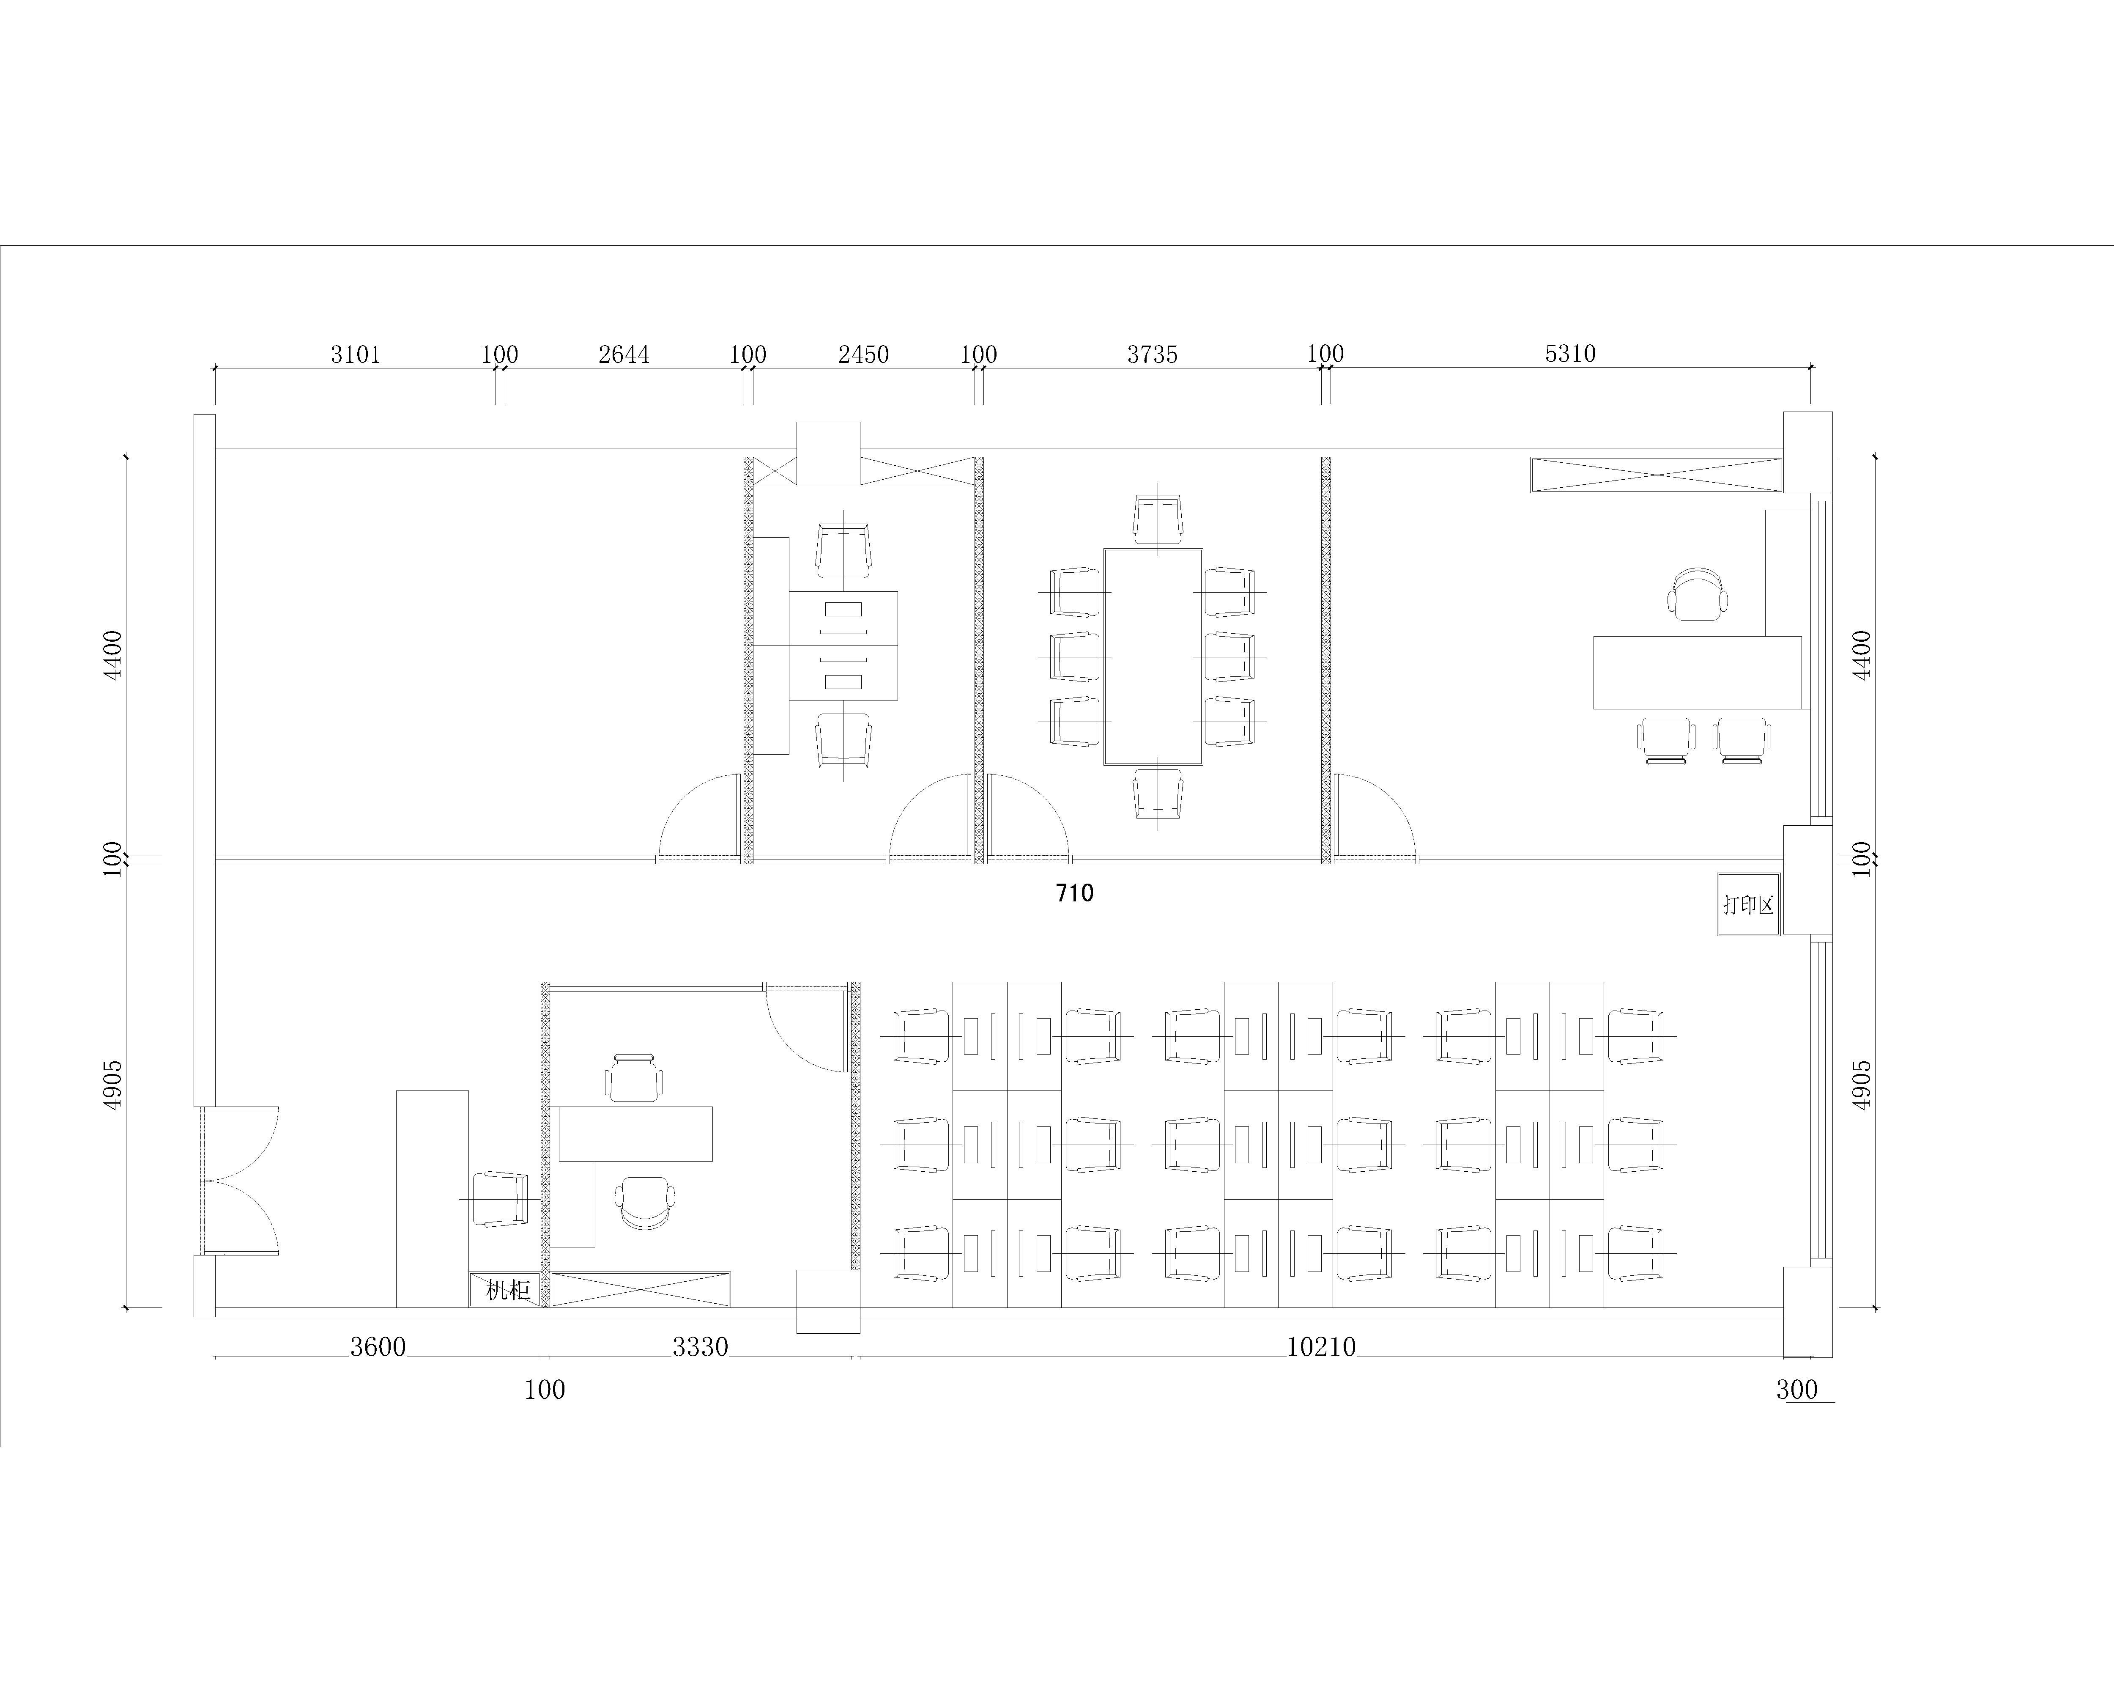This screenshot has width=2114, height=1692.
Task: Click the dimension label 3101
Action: click(355, 354)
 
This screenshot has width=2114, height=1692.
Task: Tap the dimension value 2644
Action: click(624, 354)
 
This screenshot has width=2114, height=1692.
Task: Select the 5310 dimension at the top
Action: click(1570, 353)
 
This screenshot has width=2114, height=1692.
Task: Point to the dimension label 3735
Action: click(1152, 354)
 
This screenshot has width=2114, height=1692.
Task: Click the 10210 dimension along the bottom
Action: click(1321, 1347)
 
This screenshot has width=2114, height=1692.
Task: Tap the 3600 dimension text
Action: click(378, 1347)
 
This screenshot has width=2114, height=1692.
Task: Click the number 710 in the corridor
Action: click(1075, 893)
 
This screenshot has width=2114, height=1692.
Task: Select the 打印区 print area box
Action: click(1748, 904)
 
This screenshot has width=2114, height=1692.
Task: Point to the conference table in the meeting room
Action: click(1153, 656)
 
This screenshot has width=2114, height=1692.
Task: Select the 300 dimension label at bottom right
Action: click(1796, 1389)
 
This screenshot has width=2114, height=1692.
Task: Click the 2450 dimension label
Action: click(863, 354)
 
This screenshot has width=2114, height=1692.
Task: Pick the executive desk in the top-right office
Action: click(1696, 672)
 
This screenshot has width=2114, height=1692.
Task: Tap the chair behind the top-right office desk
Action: click(1697, 593)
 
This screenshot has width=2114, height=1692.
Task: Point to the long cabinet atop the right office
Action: click(1656, 475)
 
